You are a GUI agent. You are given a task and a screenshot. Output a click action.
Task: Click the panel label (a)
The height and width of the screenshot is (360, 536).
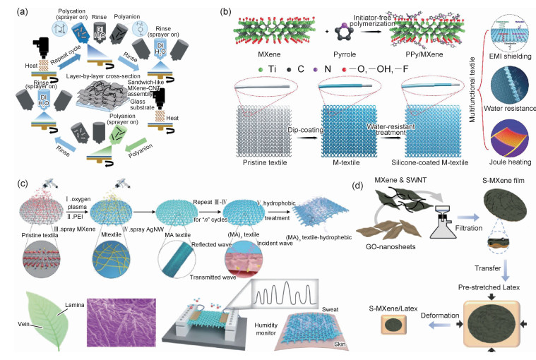(x=13, y=11)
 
